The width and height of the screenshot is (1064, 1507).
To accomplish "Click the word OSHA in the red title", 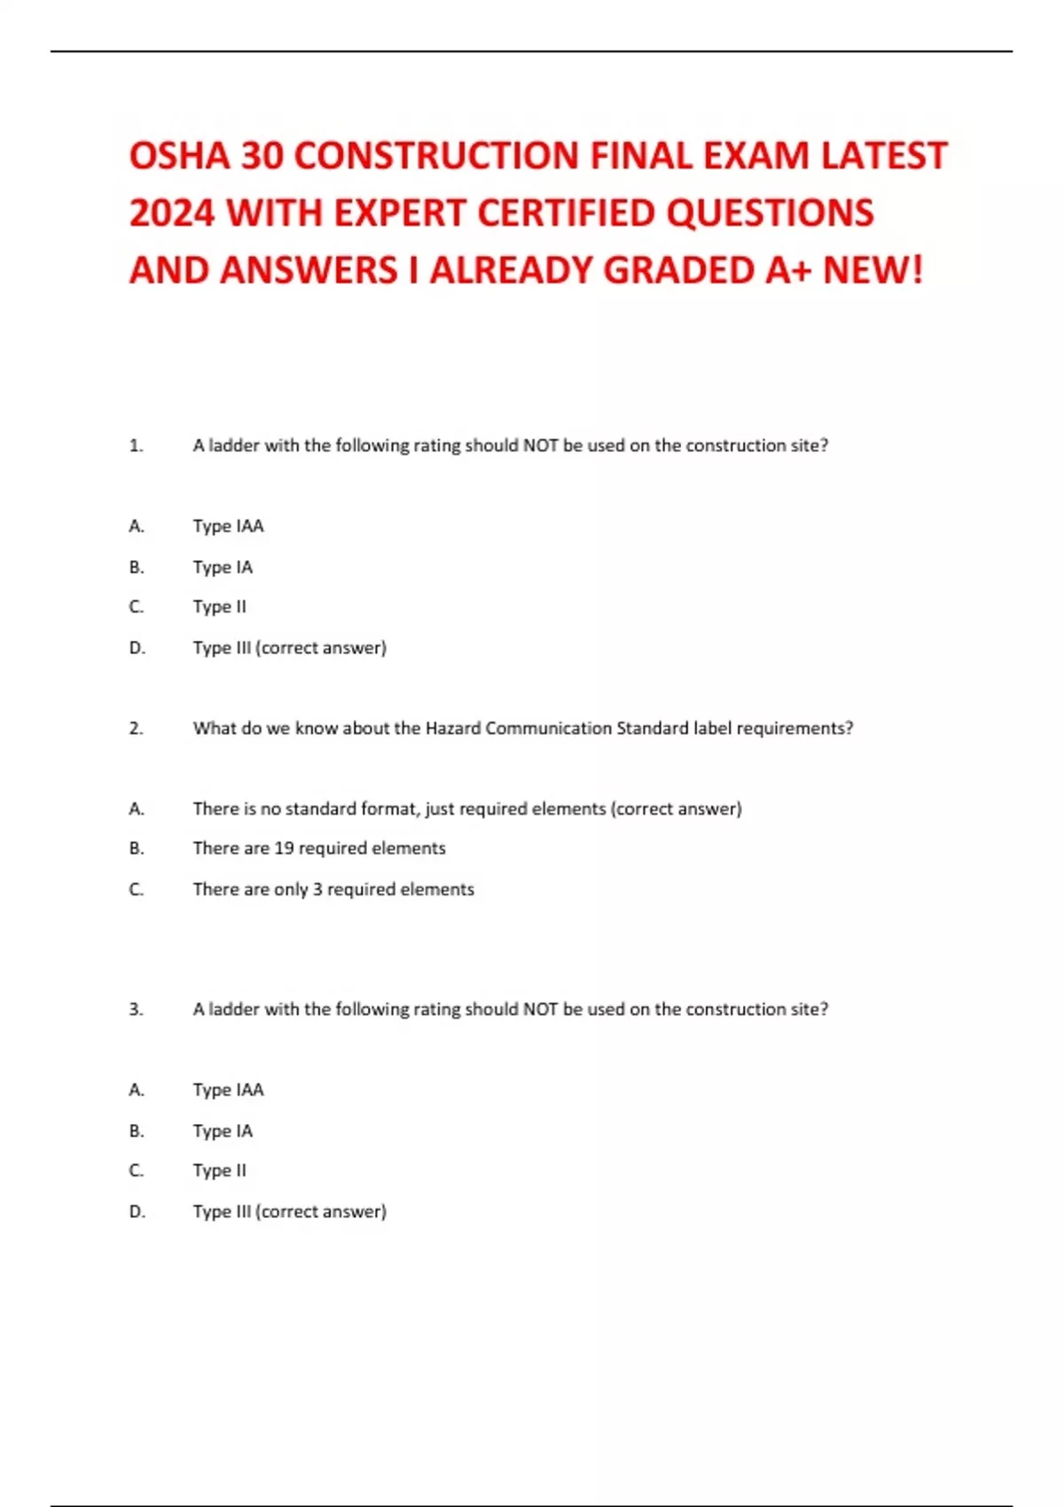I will click(x=179, y=156).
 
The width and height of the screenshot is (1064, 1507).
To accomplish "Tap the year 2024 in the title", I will click(x=172, y=214).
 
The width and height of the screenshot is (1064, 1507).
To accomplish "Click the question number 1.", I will click(x=136, y=445).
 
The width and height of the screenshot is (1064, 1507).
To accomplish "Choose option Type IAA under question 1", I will click(x=228, y=526).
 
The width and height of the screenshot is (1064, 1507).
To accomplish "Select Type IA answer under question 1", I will click(x=223, y=566).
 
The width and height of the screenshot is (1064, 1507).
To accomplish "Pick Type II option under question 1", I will click(x=219, y=606).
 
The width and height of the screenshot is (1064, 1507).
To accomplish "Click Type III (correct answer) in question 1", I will click(x=289, y=647).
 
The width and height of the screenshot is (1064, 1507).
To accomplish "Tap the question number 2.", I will click(x=136, y=728).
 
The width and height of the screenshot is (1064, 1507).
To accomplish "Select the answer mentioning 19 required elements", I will click(x=319, y=847).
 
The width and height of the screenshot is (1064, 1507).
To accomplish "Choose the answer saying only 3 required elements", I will click(x=333, y=888).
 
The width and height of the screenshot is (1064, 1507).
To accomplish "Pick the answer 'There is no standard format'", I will click(x=466, y=808).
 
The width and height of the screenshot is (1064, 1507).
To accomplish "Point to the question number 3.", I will click(x=136, y=1009).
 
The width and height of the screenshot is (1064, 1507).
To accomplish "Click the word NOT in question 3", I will click(x=540, y=1009).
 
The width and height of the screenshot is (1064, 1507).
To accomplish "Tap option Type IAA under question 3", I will click(x=228, y=1089).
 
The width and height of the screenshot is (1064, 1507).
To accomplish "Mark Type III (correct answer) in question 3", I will click(x=289, y=1211).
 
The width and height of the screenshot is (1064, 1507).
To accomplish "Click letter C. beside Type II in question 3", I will click(x=136, y=1170).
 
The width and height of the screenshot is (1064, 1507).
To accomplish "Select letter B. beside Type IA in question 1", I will click(x=136, y=566).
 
